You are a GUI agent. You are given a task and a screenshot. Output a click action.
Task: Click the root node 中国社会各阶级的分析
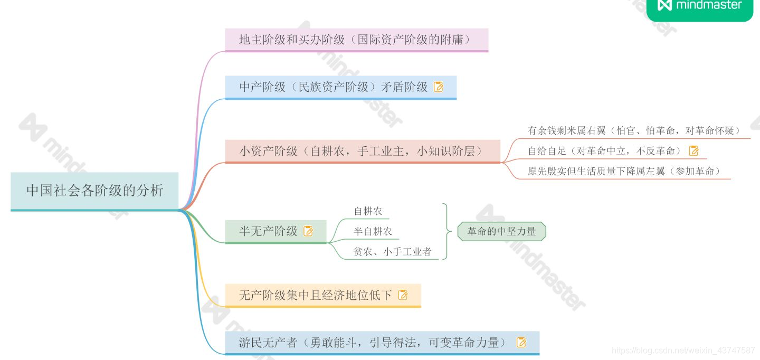[94, 191]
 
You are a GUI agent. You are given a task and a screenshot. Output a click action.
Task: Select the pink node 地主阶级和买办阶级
[355, 40]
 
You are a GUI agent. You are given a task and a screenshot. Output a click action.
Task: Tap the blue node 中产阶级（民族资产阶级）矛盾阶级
[334, 87]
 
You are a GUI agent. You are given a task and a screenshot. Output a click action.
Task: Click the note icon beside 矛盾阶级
[439, 87]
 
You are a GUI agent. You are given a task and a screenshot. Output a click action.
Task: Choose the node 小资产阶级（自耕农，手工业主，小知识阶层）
[361, 151]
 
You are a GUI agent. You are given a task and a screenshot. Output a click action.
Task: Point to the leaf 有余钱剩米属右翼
[633, 130]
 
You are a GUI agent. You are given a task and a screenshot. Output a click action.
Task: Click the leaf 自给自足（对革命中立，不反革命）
[604, 151]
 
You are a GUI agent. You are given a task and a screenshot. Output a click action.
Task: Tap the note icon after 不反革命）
[693, 151]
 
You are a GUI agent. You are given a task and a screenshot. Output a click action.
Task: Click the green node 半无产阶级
[269, 231]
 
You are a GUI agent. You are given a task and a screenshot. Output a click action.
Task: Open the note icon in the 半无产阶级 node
[308, 231]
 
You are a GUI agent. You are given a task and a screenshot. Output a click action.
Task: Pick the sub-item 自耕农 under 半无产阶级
[368, 212]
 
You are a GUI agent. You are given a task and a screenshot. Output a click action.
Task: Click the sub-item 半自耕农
[373, 232]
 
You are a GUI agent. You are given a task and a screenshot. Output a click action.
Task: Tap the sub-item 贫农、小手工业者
[392, 252]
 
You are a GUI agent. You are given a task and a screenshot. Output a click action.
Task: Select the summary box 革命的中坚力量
[501, 231]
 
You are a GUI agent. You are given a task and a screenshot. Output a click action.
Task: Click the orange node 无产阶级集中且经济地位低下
[316, 295]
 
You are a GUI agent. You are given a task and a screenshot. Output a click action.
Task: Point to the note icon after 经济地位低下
[403, 295]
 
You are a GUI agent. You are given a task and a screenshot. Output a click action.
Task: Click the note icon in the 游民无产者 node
[521, 343]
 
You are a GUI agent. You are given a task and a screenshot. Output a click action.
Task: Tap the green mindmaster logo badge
[700, 6]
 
